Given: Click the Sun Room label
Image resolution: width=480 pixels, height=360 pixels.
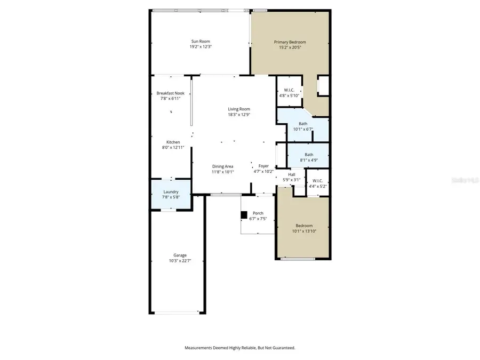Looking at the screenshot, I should click(201, 41).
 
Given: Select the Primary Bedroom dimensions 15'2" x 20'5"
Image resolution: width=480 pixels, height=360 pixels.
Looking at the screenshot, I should click(290, 47).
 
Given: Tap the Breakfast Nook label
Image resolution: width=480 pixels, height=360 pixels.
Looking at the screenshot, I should click(170, 93).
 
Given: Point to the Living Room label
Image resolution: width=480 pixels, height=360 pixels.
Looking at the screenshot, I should click(238, 109).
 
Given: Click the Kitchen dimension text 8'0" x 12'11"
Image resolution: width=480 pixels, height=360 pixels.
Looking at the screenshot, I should click(173, 148).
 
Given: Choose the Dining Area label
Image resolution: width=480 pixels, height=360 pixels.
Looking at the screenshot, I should click(222, 166).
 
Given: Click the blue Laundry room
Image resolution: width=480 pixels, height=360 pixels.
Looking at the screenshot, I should click(171, 194).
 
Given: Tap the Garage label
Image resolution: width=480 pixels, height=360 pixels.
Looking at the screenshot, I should click(180, 255).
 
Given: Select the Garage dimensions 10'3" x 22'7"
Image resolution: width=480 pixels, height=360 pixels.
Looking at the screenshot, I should click(180, 261).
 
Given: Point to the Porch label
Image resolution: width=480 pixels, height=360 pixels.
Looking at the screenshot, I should click(258, 213).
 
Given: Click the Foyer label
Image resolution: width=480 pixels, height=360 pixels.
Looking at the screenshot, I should click(263, 166).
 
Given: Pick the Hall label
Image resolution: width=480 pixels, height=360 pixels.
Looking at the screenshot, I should click(292, 174).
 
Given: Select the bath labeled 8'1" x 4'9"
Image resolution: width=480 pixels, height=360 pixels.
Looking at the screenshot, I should click(309, 157).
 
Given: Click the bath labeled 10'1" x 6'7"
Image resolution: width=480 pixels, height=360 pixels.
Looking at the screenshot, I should click(303, 126).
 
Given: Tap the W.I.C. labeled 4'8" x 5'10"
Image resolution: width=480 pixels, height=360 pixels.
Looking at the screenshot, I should click(289, 93).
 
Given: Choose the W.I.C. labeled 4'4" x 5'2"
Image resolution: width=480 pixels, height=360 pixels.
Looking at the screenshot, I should click(318, 183).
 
